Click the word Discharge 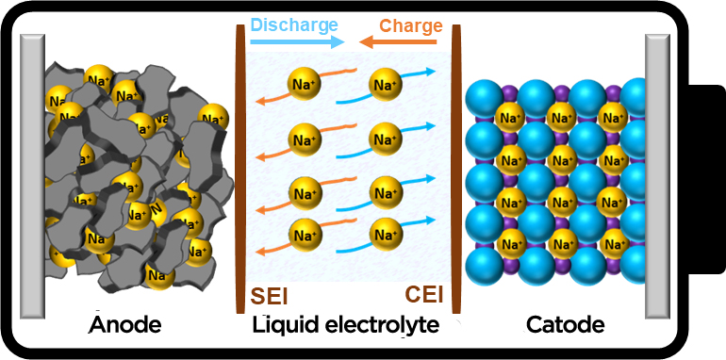point(293,25)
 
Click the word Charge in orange point(411,25)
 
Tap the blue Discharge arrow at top point(297,42)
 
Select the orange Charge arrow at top point(398,42)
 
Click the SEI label point(269,297)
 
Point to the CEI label point(424,295)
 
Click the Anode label point(125,325)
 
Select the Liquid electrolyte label point(345,326)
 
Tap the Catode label point(565,325)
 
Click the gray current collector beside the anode point(32,176)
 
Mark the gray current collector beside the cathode point(657,176)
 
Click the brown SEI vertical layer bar point(239,169)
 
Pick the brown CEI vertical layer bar point(456,169)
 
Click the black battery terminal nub point(706,180)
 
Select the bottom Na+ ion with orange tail point(305,235)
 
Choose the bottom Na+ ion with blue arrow point(386,235)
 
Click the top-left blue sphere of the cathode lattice point(484,97)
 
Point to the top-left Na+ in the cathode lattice point(510,118)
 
